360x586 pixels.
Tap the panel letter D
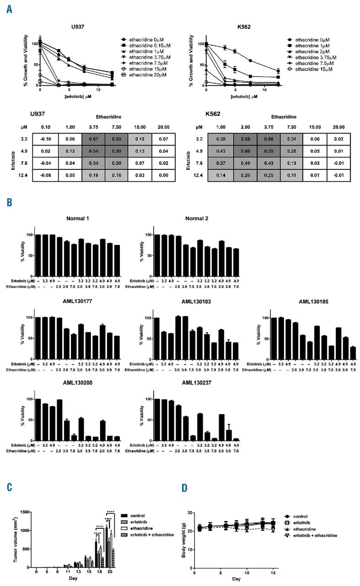pos(183,488)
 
